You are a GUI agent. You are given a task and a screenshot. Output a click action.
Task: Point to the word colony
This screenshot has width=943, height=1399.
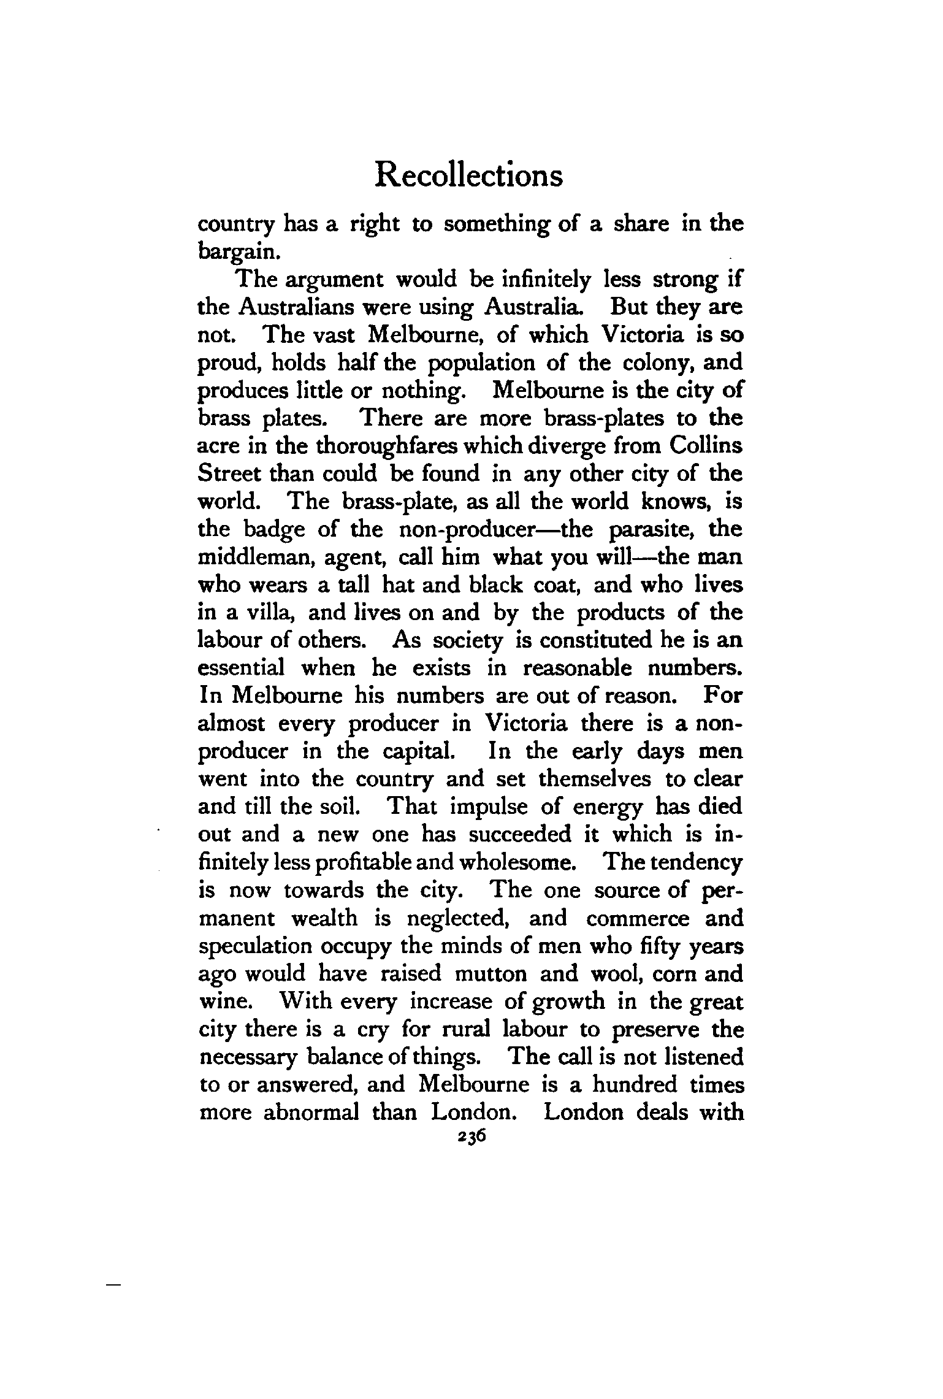660,362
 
